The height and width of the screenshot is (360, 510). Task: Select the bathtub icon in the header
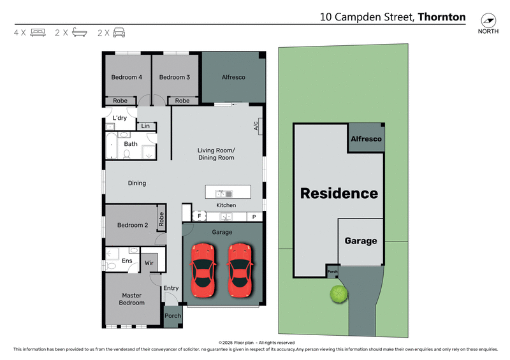(79, 32)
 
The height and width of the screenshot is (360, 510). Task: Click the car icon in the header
(119, 32)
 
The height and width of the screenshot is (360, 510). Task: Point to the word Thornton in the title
(441, 17)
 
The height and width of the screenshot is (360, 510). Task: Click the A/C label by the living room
(256, 126)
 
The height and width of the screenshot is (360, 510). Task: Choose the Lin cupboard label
(145, 126)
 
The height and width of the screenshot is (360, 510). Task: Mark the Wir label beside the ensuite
(149, 262)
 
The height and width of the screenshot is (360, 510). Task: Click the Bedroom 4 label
(126, 77)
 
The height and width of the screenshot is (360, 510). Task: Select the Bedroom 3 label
(175, 77)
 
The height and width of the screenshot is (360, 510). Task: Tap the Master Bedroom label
(133, 299)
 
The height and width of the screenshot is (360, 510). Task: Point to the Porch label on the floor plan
(173, 316)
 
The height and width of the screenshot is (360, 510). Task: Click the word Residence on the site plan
(339, 193)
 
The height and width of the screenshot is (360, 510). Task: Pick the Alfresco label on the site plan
(366, 139)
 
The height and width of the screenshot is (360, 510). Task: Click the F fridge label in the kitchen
(199, 217)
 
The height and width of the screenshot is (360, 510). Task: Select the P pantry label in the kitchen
(254, 217)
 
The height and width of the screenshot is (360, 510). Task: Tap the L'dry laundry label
(119, 118)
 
